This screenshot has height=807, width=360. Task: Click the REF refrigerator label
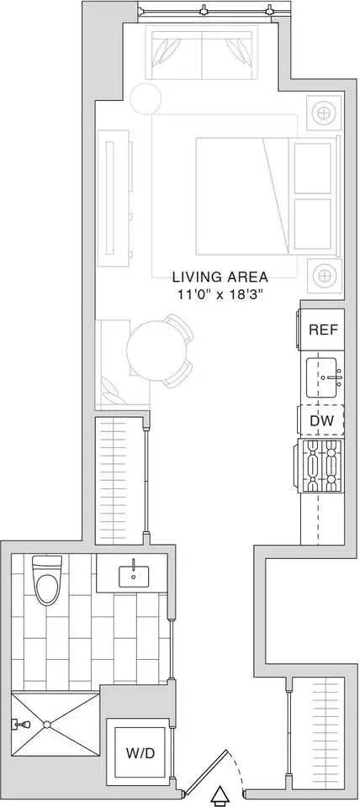323,330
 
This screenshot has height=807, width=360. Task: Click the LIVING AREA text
220,277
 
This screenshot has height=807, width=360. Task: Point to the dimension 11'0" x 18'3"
220,294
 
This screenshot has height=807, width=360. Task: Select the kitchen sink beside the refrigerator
323,376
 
